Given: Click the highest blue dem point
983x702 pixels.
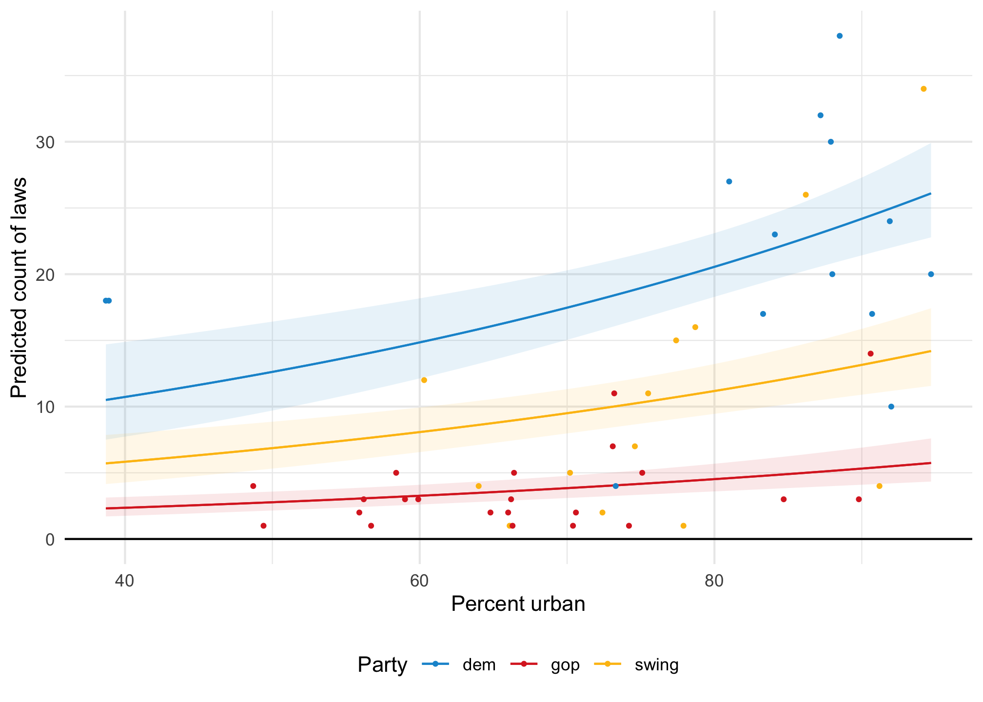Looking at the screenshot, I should [x=840, y=36].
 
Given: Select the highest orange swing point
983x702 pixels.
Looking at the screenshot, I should [x=924, y=89].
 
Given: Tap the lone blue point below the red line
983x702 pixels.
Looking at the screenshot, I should [x=615, y=486].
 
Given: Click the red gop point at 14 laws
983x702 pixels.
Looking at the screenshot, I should [x=871, y=353].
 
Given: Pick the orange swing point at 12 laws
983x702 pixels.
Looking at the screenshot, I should [x=424, y=380].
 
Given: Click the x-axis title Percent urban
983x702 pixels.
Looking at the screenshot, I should [x=518, y=604].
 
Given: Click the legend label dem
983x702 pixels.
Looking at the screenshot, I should [x=479, y=665].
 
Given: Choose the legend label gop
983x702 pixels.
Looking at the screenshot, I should [x=565, y=665].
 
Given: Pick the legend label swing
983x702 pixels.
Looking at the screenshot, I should [x=656, y=665].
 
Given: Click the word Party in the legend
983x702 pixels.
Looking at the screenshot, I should [x=382, y=665].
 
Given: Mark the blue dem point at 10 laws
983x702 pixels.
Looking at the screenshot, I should [x=891, y=407].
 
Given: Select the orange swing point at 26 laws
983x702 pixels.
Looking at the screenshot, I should [x=806, y=195].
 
